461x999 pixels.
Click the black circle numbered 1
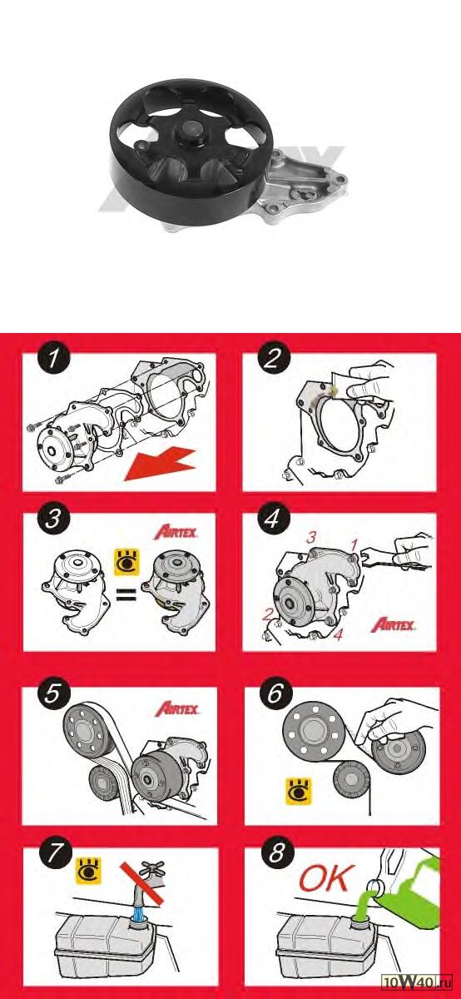coord(53,358)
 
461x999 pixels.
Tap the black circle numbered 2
coord(273,358)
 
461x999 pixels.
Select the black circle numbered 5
coord(52,693)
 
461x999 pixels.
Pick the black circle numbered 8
coord(276,852)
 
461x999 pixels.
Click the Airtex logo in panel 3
coord(176,532)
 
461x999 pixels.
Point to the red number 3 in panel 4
coord(311,538)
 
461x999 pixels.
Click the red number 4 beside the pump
coord(339,634)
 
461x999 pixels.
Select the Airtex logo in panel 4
coord(393,625)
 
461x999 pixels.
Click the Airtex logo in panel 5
coord(177,708)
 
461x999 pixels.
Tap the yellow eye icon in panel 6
coord(298,791)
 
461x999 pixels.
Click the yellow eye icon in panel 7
coord(89,870)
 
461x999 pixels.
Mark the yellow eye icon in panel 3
coord(127,562)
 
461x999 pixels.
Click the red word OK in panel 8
coord(327,877)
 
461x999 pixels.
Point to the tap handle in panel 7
coord(152,868)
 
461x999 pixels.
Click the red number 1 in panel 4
coord(354,544)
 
